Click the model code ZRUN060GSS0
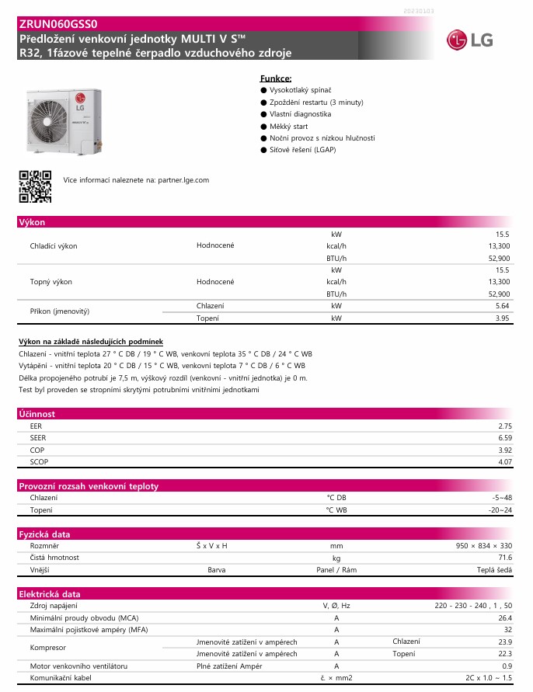pyautogui.click(x=58, y=24)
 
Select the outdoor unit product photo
pyautogui.click(x=67, y=120)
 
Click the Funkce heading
pyautogui.click(x=276, y=79)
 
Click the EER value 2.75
pyautogui.click(x=505, y=426)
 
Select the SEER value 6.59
pyautogui.click(x=505, y=438)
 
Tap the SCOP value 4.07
pyautogui.click(x=505, y=462)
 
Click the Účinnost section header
pyautogui.click(x=37, y=414)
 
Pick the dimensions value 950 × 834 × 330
pyautogui.click(x=483, y=546)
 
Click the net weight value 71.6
pyautogui.click(x=505, y=558)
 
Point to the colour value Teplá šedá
pyautogui.click(x=494, y=570)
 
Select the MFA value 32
pyautogui.click(x=508, y=630)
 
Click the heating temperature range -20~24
pyautogui.click(x=500, y=510)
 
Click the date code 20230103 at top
pyautogui.click(x=420, y=12)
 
